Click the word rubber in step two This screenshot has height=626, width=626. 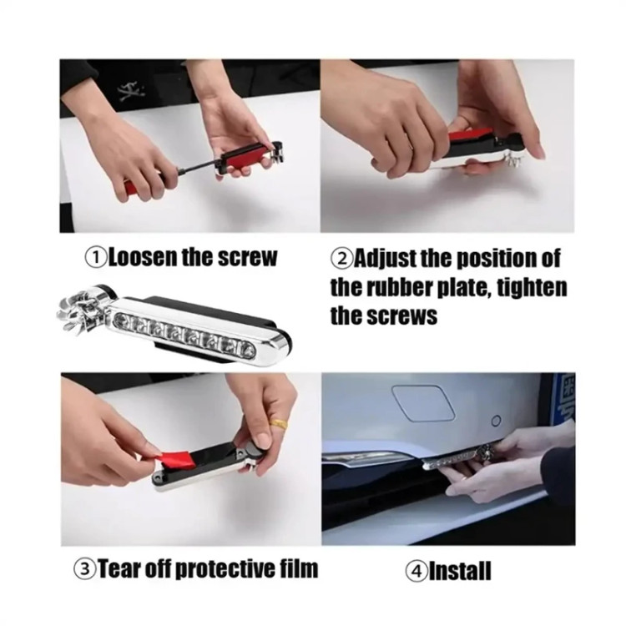400,287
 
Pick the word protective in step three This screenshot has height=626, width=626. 221,569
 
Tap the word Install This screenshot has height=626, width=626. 460,571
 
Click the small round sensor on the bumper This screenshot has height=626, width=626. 497,421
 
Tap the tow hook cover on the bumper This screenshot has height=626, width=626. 423,402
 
